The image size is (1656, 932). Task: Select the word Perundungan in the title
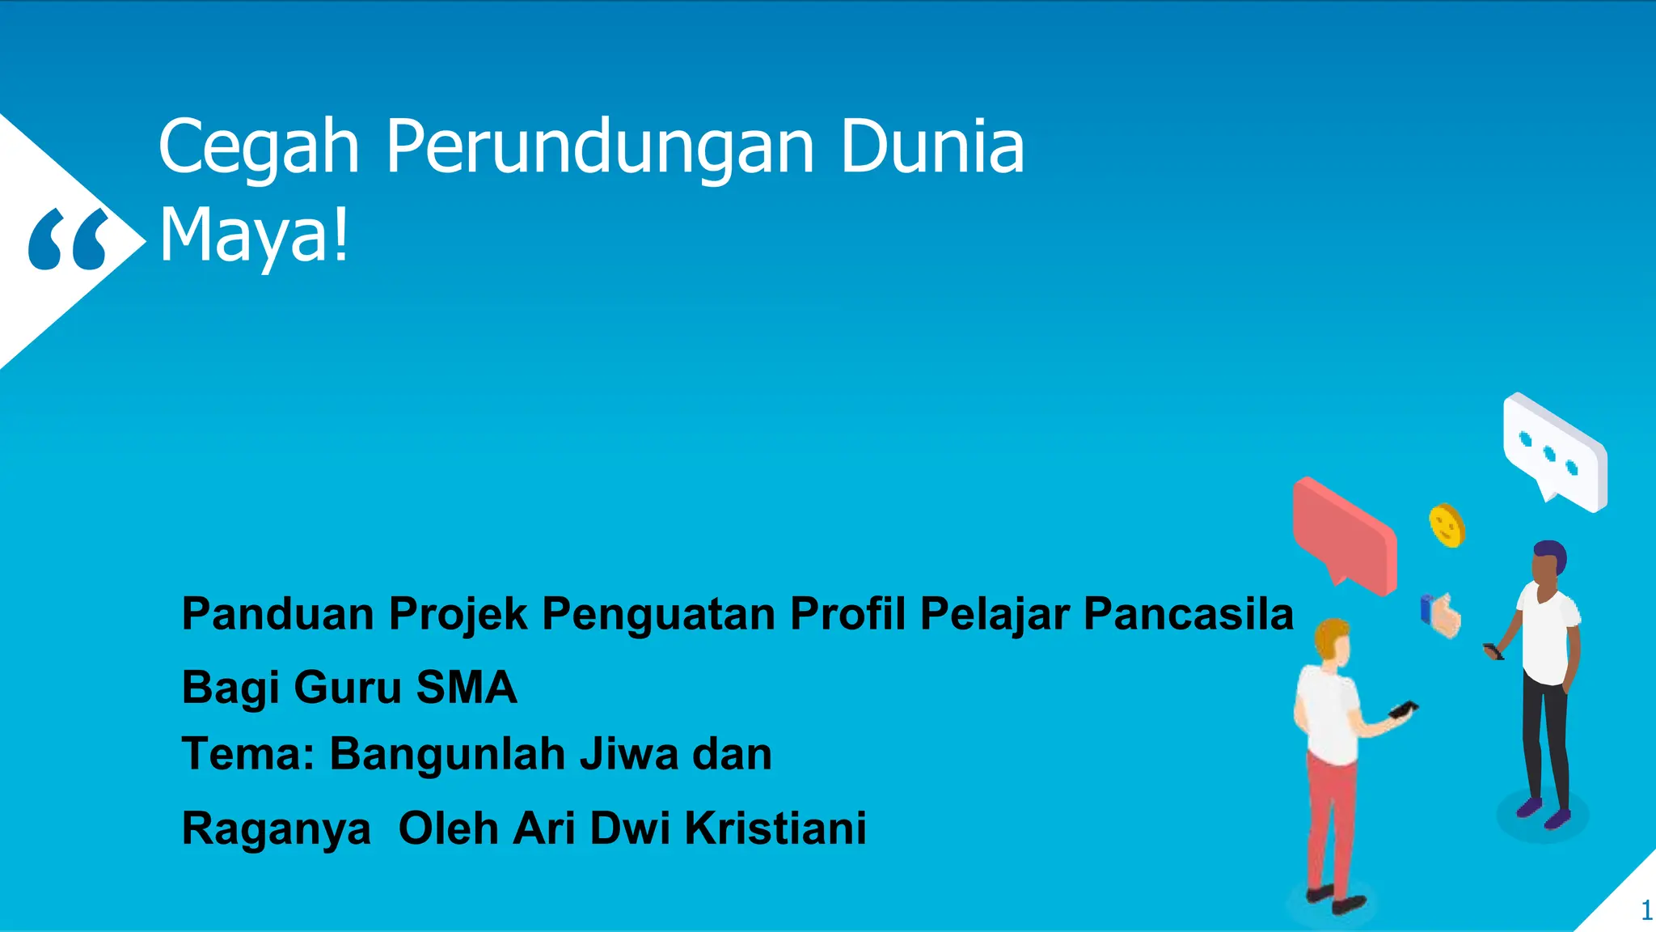pos(599,147)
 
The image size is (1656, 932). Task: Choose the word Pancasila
pos(1188,613)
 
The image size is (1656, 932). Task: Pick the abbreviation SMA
pos(466,688)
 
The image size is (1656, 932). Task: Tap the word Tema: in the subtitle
pos(247,754)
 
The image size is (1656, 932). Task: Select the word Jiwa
pos(629,754)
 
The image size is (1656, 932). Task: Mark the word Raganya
pos(276,829)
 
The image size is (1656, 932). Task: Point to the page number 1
pos(1645,911)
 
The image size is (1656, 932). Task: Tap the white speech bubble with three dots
pos(1555,451)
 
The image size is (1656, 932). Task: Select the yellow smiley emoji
pos(1447,526)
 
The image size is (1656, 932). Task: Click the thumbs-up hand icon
pos(1441,616)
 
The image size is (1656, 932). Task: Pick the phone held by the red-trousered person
pos(1403,710)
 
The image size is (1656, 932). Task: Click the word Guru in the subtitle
pos(347,688)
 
